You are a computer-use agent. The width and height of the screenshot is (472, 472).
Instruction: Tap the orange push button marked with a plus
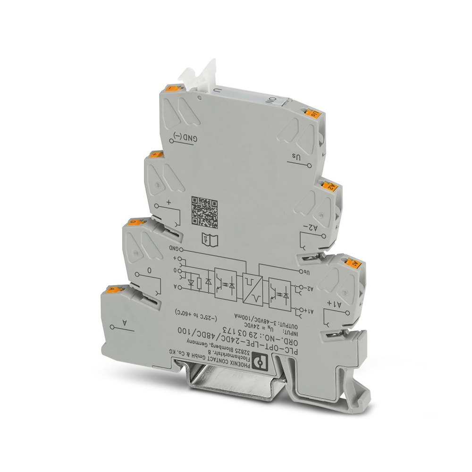click(x=155, y=154)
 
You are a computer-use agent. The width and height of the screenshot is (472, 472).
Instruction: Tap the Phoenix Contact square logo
click(x=259, y=362)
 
